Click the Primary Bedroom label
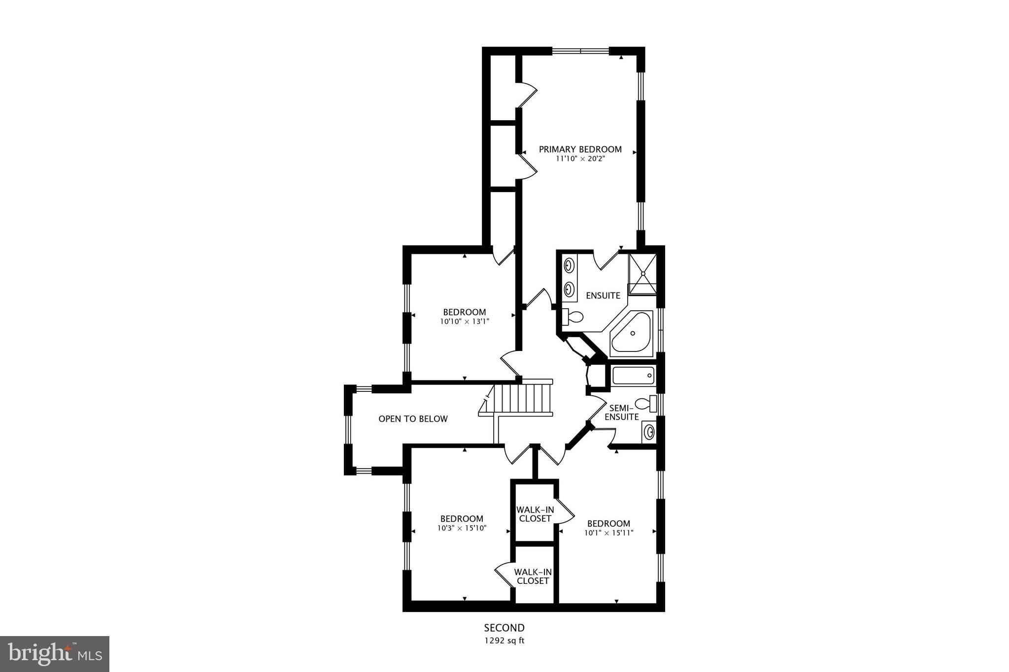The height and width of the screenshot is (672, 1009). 580,149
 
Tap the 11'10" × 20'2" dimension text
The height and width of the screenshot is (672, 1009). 580,159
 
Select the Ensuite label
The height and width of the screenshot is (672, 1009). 603,295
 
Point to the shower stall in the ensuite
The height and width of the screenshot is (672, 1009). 642,274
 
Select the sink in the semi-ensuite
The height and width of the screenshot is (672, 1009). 649,432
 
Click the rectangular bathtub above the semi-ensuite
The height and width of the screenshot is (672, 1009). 633,376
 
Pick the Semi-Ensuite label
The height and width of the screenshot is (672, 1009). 621,413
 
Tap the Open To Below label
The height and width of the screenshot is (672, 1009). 413,419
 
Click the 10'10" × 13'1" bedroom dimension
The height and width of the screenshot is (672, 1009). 465,321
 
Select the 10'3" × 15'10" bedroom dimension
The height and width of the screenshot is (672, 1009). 462,528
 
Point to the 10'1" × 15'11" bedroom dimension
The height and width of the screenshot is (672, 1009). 608,533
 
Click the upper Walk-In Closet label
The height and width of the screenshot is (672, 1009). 535,514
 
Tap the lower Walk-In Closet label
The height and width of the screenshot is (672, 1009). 533,576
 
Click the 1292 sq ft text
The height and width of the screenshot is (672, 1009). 504,640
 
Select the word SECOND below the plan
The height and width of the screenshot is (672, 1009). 504,628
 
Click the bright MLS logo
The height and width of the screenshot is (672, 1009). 55,653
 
